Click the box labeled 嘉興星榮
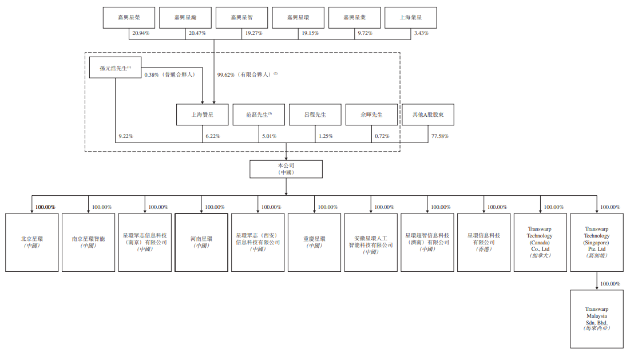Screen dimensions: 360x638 [x=129, y=18]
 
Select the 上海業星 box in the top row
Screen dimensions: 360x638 [x=411, y=18]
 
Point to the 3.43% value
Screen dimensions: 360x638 [x=421, y=33]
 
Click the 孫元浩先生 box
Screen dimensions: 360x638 [x=115, y=69]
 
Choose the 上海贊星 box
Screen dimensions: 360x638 [x=203, y=114]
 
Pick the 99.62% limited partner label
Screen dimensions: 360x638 [x=247, y=74]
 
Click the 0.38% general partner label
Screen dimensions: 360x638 [x=170, y=74]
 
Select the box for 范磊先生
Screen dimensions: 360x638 [x=259, y=114]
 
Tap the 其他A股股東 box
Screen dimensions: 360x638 [x=429, y=114]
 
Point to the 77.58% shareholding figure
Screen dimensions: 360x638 [x=439, y=136]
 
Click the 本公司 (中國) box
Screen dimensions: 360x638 [x=286, y=169]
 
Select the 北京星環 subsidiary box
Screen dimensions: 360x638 [x=32, y=242]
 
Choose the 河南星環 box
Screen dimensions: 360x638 [x=201, y=242]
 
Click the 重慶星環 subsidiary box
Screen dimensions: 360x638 [x=314, y=242]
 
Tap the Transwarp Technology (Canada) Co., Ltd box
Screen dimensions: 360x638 [x=540, y=242]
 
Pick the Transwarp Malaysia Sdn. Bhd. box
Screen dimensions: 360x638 [x=597, y=319]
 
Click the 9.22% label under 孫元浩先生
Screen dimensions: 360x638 [x=126, y=136]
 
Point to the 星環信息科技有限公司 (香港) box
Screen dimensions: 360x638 [x=484, y=242]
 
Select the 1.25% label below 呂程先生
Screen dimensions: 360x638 [x=326, y=136]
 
